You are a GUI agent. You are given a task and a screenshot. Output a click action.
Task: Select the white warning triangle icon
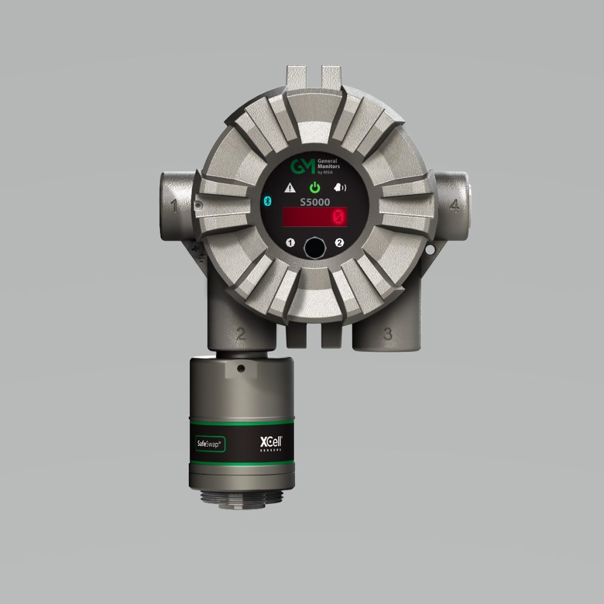pos(290,188)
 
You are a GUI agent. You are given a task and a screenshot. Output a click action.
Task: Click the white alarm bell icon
pos(340,188)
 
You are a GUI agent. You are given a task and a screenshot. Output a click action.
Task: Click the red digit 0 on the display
pos(339,217)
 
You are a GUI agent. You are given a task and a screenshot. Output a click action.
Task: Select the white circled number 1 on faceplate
pos(290,242)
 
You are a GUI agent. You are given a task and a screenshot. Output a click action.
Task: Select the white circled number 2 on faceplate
pos(339,242)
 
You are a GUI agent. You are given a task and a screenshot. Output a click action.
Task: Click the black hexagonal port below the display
pos(314,247)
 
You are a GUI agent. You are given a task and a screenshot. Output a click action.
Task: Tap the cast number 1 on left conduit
pos(175,206)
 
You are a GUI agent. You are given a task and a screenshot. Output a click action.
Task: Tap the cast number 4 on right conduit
pos(454,206)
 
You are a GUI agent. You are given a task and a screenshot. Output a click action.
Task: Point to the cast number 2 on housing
pos(241,334)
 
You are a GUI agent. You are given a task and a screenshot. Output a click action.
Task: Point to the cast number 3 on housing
pos(388,334)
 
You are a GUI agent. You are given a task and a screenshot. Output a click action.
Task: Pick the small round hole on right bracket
pos(431,250)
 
